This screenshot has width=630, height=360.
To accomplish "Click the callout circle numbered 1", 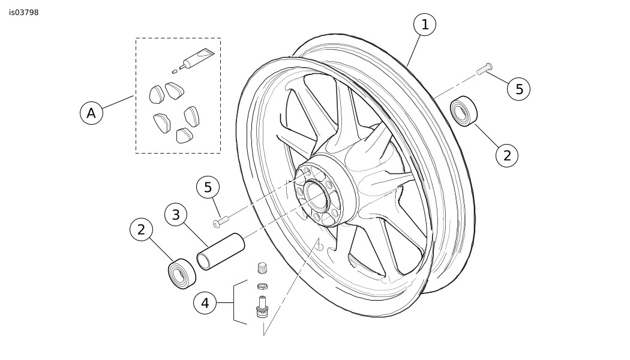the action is coord(425,25).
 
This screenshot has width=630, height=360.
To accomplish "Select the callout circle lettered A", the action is coord(92,113).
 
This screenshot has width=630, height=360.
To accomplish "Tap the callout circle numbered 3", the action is coord(176,215).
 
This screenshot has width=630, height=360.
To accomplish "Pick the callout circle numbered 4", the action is coord(205,303).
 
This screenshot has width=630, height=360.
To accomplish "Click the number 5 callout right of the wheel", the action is coord(519,89).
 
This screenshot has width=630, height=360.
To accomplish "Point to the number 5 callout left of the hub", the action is coord(208,187).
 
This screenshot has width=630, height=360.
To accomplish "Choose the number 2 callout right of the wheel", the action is coord(507,155).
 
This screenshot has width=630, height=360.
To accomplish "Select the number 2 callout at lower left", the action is coord(141,229).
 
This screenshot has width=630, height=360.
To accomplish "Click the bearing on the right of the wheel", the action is coord(463,111).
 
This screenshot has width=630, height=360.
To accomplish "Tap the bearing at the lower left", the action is coord(182,273).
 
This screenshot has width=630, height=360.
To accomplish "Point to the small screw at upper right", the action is coord(485,69).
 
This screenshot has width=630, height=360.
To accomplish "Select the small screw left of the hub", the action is coord(221,221).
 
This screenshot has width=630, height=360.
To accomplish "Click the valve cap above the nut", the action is coord(262,268).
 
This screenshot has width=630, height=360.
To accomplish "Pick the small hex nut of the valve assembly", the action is coord(262,286).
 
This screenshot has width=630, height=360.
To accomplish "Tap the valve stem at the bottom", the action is coord(262,307).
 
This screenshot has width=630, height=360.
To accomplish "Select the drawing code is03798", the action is coord(24,13).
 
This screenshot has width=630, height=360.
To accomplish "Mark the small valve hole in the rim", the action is coord(319,246).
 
